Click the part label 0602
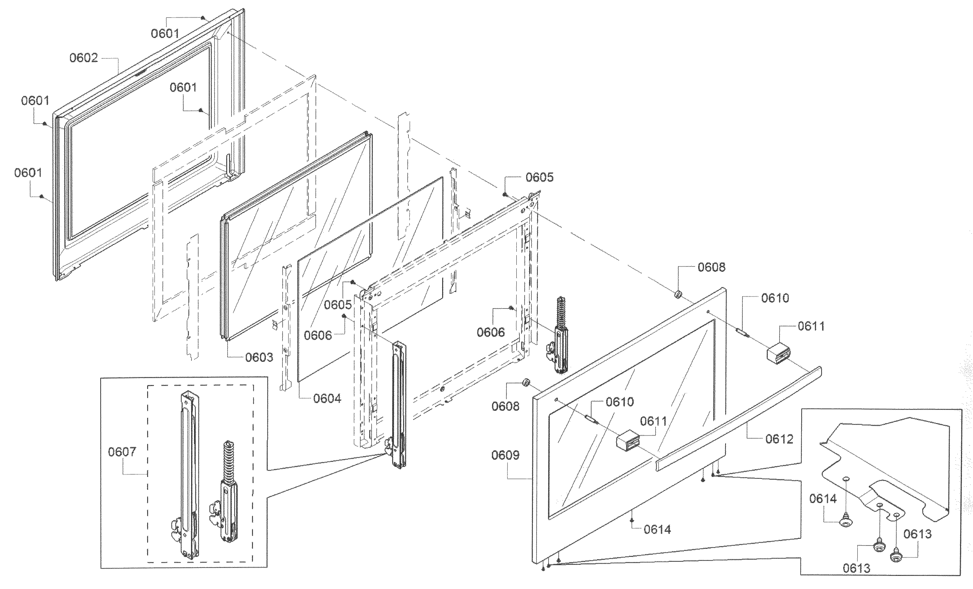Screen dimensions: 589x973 pyautogui.click(x=83, y=58)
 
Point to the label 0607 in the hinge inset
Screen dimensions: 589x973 pyautogui.click(x=122, y=452)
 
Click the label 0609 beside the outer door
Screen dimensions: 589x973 pyautogui.click(x=505, y=455)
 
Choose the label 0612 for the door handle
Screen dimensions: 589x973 pyautogui.click(x=779, y=439)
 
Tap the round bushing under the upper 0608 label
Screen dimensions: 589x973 pyautogui.click(x=678, y=294)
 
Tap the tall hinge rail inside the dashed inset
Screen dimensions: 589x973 pyautogui.click(x=189, y=474)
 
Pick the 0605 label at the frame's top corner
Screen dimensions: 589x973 pyautogui.click(x=539, y=178)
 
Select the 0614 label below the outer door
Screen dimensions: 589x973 pyautogui.click(x=657, y=530)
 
